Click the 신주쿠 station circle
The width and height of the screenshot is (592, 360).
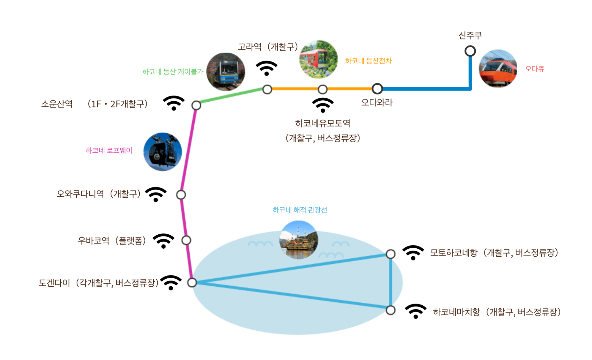coord(470,51)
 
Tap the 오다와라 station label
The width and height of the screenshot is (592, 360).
coord(377,102)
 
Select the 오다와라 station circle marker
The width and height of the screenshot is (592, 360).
coord(377,89)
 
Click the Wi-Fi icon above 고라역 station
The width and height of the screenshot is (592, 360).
coord(266,68)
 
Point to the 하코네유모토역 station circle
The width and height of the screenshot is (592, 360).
coord(322,89)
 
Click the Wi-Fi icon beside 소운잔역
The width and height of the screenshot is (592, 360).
coord(174,103)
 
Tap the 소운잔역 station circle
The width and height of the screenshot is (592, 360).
coord(196,105)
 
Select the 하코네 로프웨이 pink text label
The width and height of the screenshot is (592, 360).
coord(109,151)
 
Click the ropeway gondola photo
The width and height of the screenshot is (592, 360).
coord(163,152)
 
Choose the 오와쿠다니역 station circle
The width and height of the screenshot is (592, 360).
coord(181,195)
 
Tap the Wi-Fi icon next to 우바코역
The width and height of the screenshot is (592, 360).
coord(163,241)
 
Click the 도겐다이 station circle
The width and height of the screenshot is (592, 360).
coord(192,282)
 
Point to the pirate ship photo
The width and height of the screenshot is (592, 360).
coord(298,240)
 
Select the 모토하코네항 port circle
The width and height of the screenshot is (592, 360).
coord(390,254)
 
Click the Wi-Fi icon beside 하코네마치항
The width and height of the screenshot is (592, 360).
coord(415,311)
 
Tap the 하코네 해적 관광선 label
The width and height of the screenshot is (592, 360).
coord(300,210)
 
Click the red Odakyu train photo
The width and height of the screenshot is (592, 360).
coord(498,69)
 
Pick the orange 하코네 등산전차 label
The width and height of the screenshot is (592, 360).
coord(368,61)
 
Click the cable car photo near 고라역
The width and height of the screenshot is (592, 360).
coord(226,72)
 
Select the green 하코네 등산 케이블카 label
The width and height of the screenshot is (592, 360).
coord(173,72)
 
